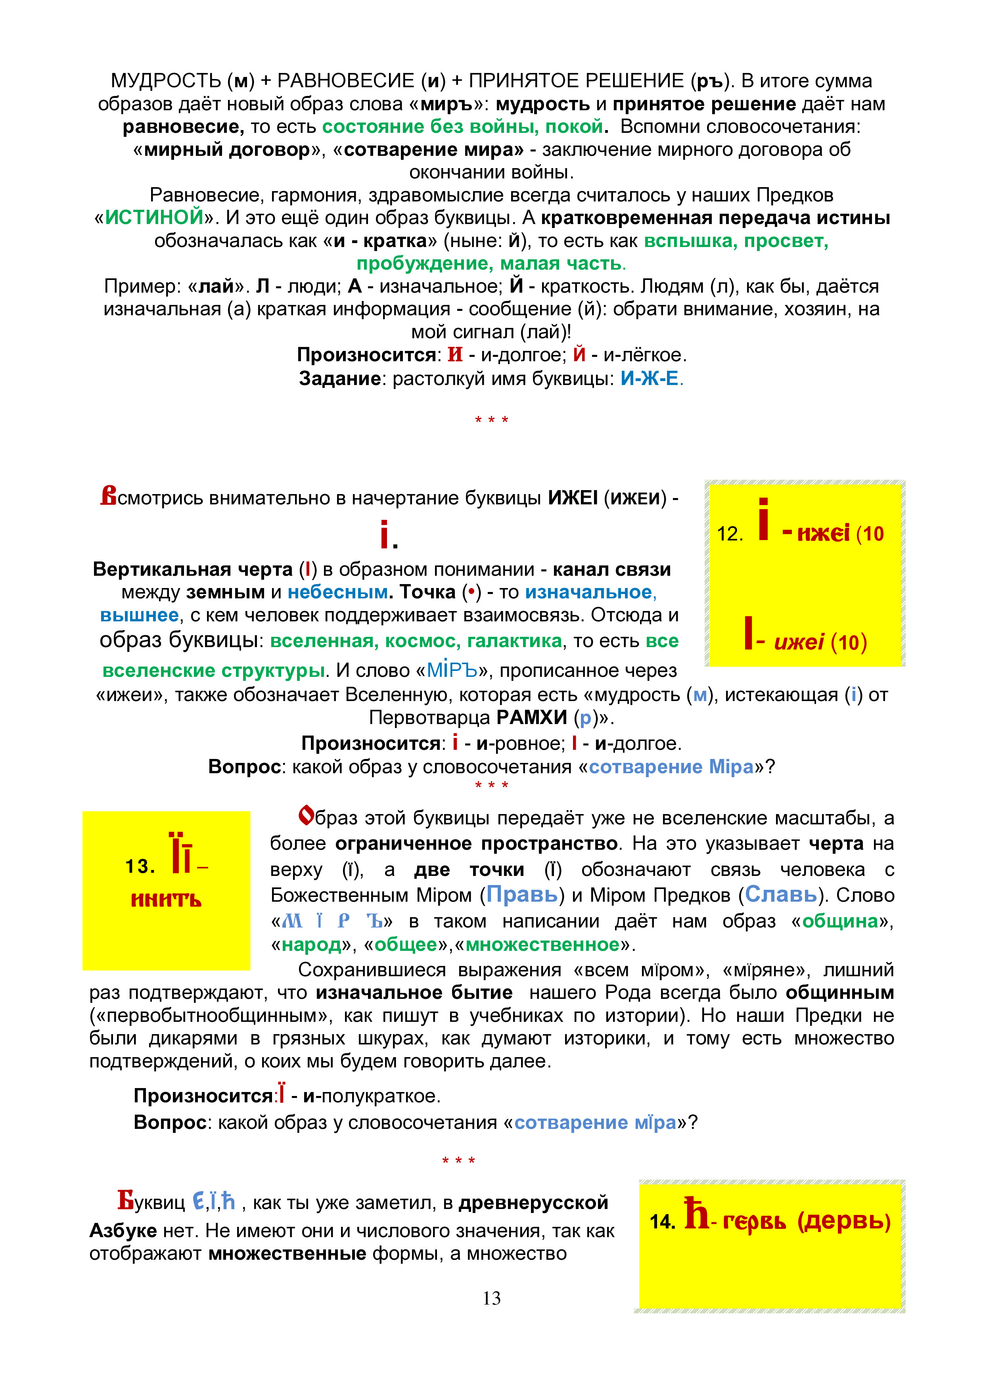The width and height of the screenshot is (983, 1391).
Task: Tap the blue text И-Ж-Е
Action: [649, 379]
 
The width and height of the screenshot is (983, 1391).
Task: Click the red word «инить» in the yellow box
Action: [166, 899]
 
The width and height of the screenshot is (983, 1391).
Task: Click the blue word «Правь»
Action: [522, 894]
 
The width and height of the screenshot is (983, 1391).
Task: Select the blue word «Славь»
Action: [781, 894]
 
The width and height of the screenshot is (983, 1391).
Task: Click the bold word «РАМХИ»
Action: [531, 718]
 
